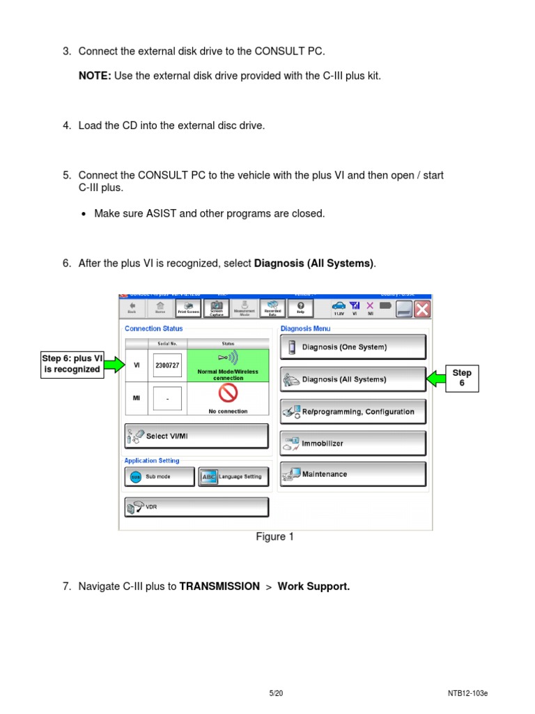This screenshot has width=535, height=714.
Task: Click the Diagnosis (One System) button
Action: [x=352, y=347]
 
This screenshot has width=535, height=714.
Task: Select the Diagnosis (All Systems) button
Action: [x=352, y=379]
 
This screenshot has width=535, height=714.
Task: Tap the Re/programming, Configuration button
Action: [x=352, y=411]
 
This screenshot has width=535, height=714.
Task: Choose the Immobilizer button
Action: [x=352, y=443]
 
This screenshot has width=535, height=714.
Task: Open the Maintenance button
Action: [x=352, y=474]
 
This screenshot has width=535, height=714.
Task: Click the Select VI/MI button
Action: [x=196, y=436]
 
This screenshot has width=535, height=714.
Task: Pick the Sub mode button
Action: [x=159, y=477]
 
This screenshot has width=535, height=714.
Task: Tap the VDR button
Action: [x=196, y=507]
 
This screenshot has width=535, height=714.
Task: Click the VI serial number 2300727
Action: [x=167, y=365]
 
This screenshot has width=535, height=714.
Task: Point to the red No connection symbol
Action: [x=228, y=395]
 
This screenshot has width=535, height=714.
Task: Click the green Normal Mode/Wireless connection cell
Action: [x=228, y=365]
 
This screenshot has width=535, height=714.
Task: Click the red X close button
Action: [x=422, y=309]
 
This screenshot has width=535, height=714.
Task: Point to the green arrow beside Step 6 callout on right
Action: [x=437, y=379]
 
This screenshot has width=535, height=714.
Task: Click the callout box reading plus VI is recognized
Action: [x=72, y=364]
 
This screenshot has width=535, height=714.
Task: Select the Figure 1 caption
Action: [x=270, y=537]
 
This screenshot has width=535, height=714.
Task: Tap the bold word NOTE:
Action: [x=95, y=75]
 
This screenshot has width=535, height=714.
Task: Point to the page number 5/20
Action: [x=276, y=693]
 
